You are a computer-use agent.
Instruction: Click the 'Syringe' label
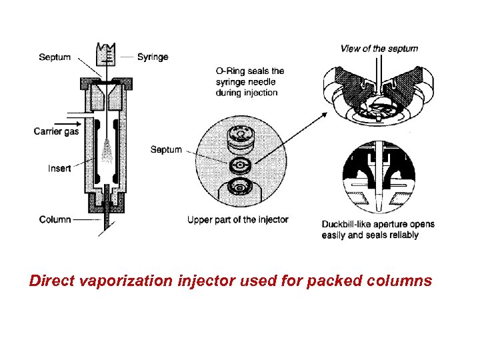coord(153,57)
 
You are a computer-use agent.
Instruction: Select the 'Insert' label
coord(59,169)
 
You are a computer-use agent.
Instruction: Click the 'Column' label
coord(55,219)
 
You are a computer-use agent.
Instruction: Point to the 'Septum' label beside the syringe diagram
coord(55,57)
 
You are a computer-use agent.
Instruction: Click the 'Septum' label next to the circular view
coord(166,149)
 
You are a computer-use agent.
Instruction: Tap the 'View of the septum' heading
coord(379,48)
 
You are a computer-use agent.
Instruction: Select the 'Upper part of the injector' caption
coord(238,220)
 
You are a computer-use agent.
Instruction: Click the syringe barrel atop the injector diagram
coord(105,55)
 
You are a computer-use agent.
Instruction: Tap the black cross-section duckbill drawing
coord(377,177)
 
